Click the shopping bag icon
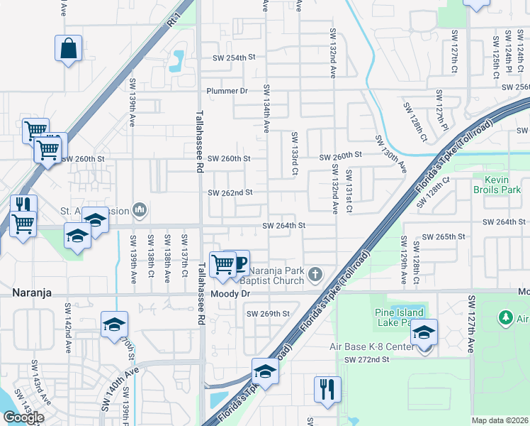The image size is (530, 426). (69, 49)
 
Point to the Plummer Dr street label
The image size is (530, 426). (227, 91)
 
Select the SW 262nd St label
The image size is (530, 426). (230, 192)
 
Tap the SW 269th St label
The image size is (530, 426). (268, 313)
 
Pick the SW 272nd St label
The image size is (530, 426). (367, 360)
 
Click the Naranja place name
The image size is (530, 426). (31, 293)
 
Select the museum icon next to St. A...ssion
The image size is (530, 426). (140, 210)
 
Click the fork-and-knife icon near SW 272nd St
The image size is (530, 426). (327, 388)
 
